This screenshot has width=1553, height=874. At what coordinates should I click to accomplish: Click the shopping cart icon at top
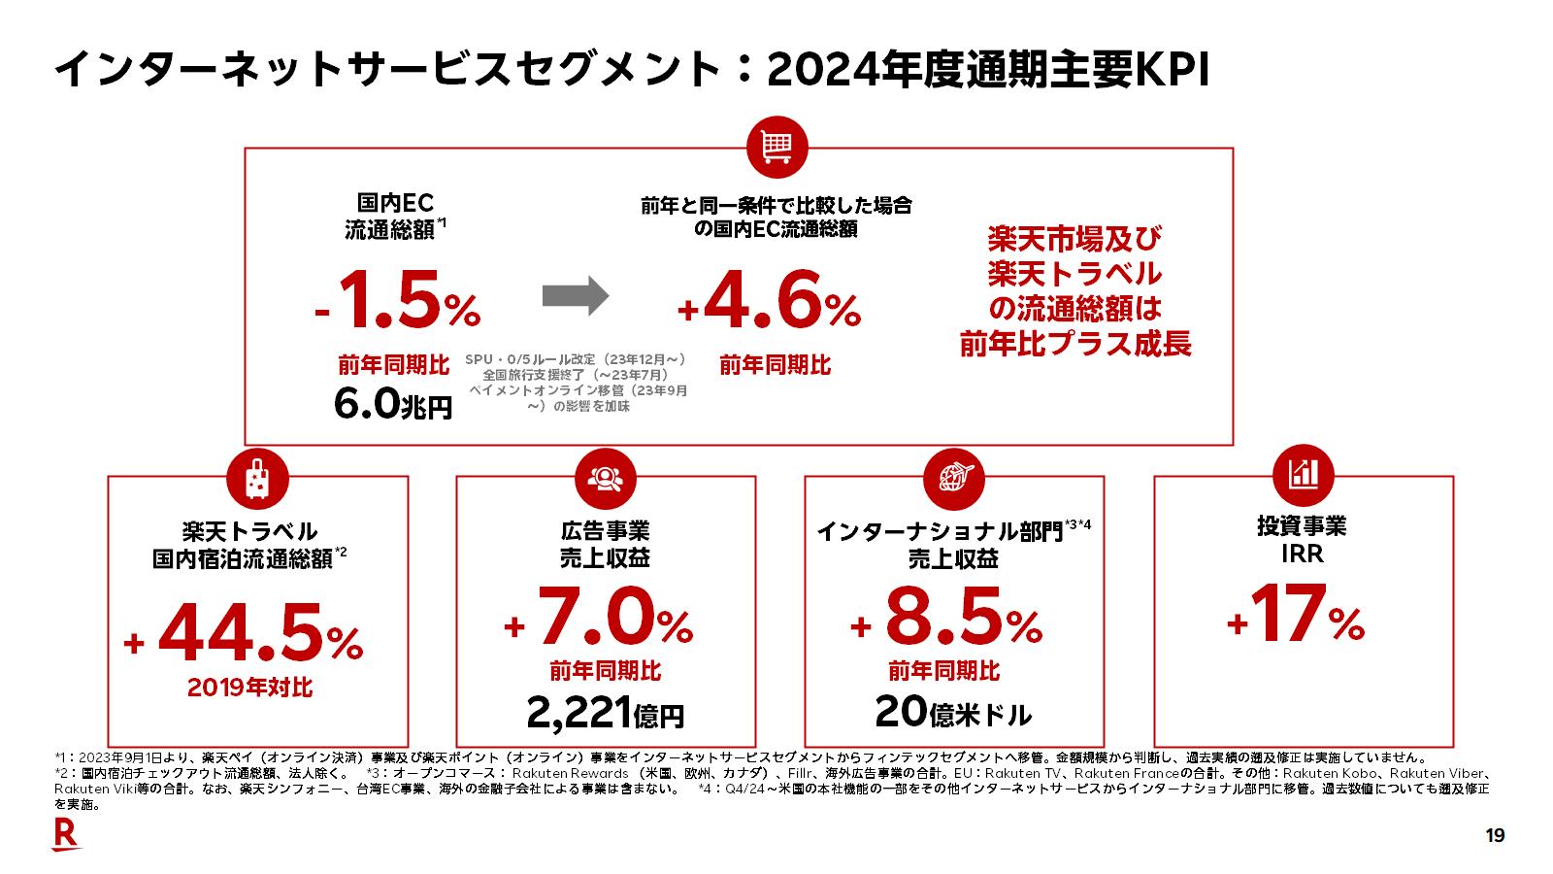(x=776, y=149)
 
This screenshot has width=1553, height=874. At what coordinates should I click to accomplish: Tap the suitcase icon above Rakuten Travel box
(x=257, y=477)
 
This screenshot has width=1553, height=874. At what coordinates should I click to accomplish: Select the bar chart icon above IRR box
(x=1303, y=474)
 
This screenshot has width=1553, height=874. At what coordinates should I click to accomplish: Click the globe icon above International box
(x=954, y=477)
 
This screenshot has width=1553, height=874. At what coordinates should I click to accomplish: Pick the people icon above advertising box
(x=606, y=477)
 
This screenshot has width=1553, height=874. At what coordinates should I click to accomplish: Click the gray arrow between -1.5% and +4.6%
(x=575, y=296)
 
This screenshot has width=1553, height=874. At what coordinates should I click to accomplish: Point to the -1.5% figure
(x=398, y=302)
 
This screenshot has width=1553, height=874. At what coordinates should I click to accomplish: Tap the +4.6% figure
(x=769, y=302)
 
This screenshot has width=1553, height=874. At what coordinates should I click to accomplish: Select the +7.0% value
(x=599, y=619)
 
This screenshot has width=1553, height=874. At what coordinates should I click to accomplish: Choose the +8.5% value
(x=946, y=619)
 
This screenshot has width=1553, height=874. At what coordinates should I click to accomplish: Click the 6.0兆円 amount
(x=392, y=404)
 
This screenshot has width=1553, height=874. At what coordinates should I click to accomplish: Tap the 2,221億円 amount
(x=605, y=715)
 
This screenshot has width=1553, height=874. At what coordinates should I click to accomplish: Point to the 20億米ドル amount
(x=952, y=713)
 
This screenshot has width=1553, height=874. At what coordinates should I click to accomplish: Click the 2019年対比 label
(x=250, y=688)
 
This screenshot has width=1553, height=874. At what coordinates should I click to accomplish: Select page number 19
(x=1495, y=835)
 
